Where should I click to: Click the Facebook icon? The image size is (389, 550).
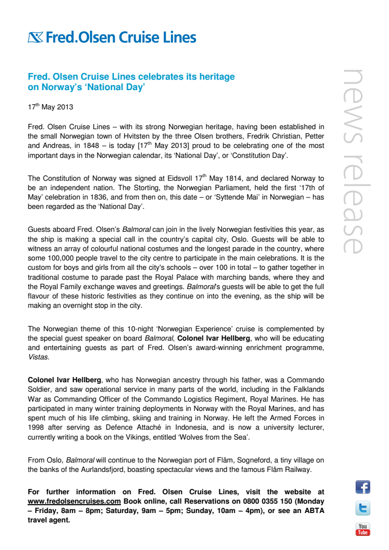click(362, 487)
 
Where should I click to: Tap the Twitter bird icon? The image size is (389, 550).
click(362, 508)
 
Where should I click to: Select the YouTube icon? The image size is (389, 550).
click(362, 529)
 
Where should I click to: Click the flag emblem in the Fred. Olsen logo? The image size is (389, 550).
click(36, 37)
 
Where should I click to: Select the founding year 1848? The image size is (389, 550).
click(86, 145)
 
